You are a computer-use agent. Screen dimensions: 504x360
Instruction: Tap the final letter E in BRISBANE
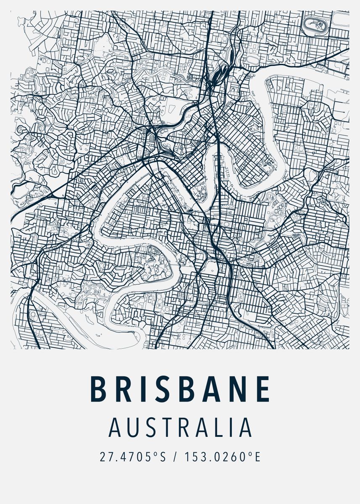(263, 389)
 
